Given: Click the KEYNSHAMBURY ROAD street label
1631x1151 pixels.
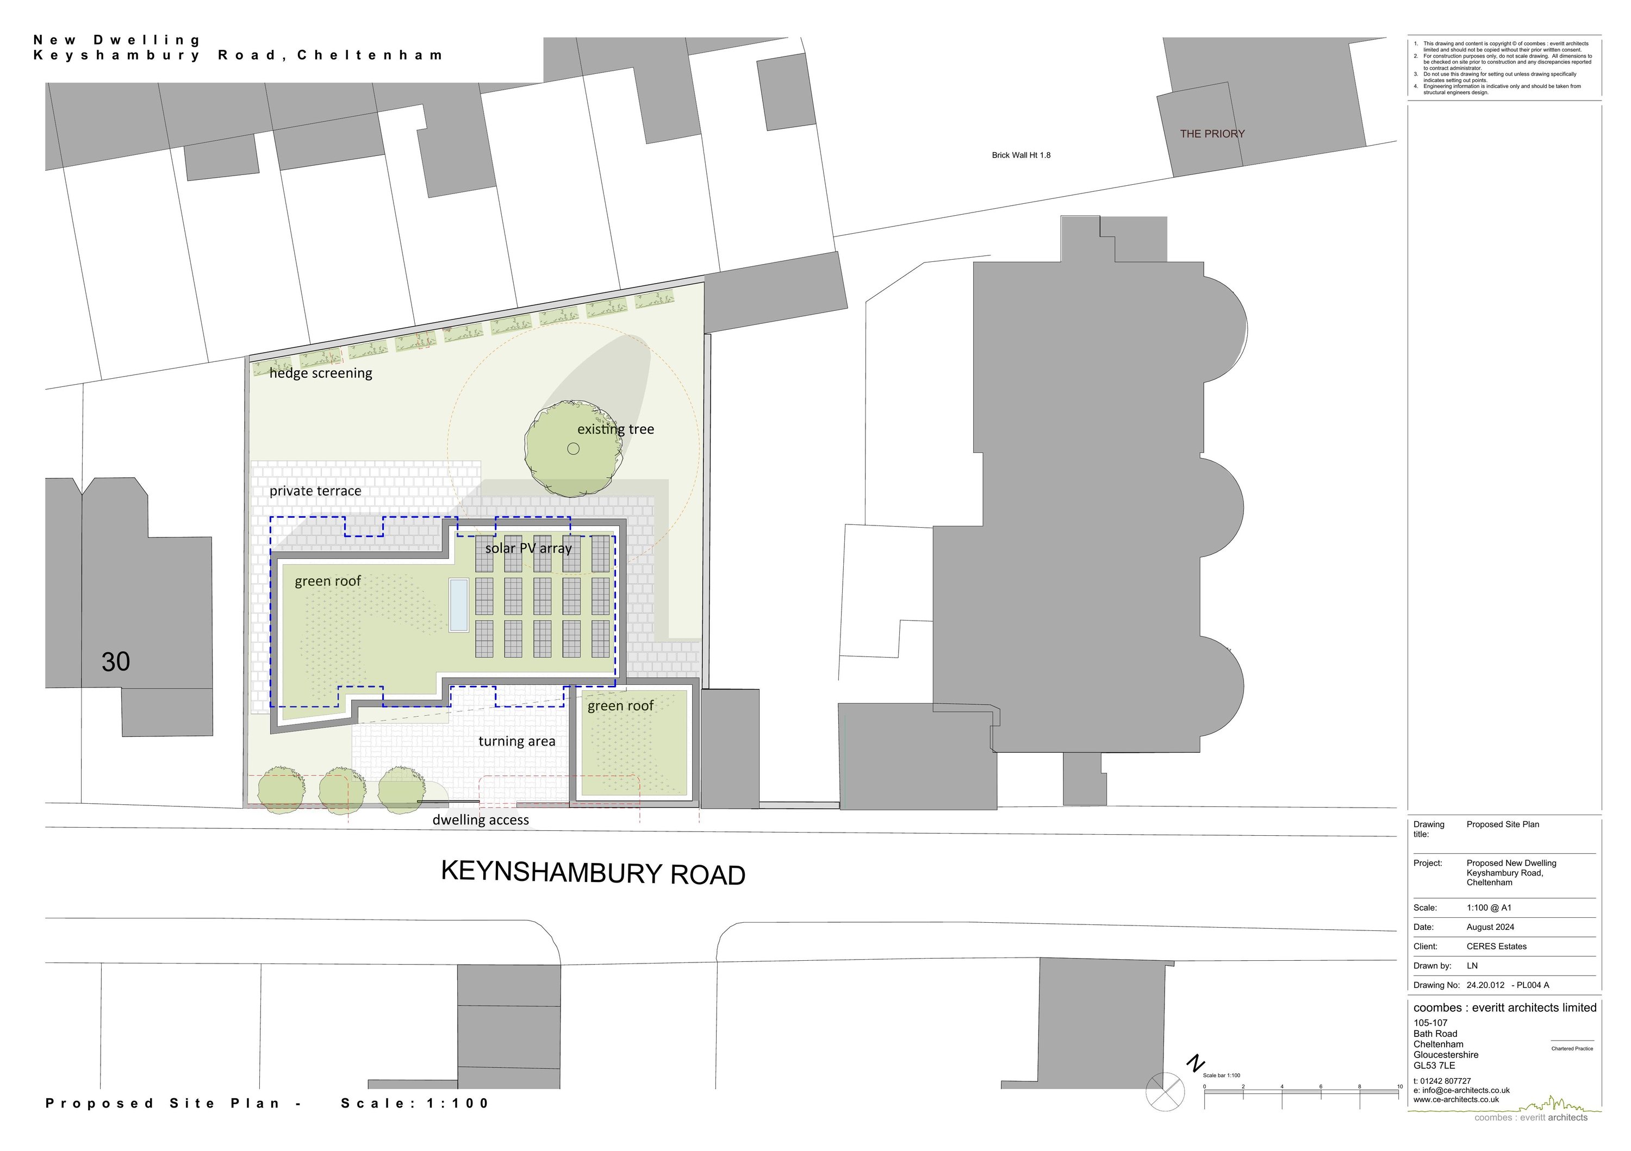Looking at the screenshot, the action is coord(593,873).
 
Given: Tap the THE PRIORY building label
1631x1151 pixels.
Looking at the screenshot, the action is coord(1212,134).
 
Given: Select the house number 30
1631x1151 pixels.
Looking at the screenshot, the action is coord(116,662).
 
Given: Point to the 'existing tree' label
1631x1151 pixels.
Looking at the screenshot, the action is coord(615,429).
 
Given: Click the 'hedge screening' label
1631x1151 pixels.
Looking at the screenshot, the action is coord(320,373).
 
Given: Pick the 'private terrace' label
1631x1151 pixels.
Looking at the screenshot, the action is coord(315,491).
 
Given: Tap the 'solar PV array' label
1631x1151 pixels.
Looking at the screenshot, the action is coord(528,548).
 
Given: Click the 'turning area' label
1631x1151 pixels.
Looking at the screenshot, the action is coord(516,741).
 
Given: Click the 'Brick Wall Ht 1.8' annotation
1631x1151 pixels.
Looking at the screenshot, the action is coord(1021,155).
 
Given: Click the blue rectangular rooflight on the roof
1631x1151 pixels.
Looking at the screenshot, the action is coord(459,605).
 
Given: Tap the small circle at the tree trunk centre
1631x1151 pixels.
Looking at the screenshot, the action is coord(573,448).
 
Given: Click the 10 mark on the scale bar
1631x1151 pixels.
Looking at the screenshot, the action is coord(1399,1086).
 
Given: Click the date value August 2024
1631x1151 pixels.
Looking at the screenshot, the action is coord(1490,927).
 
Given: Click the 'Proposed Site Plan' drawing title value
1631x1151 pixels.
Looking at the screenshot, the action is coord(1503,824).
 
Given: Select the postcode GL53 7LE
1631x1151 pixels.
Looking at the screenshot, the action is coord(1434,1065).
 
